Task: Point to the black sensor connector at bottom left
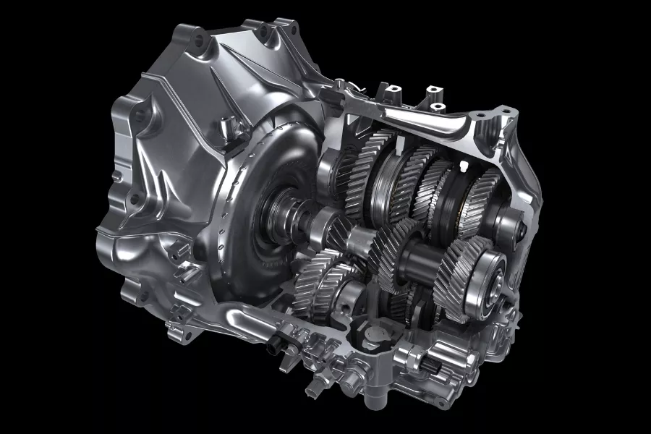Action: [273, 346]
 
